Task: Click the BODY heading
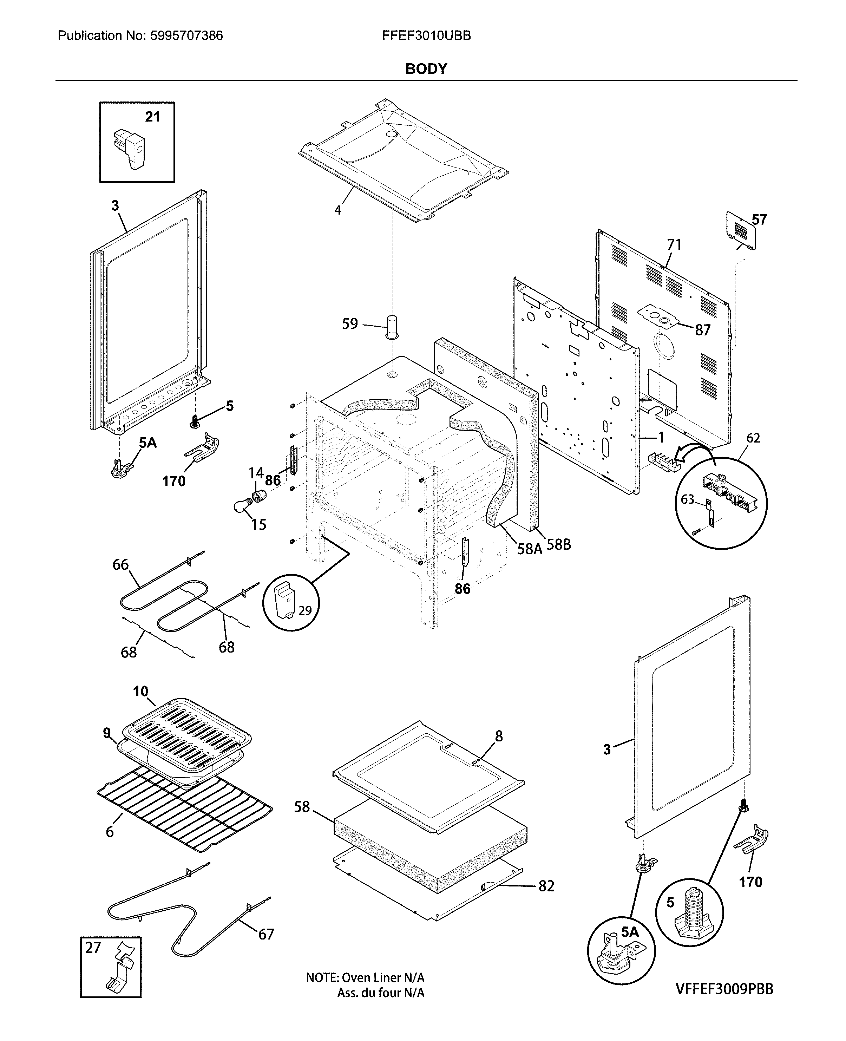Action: click(x=426, y=69)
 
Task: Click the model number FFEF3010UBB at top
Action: click(x=426, y=35)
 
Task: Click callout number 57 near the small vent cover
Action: click(x=759, y=220)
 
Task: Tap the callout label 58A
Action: click(x=529, y=549)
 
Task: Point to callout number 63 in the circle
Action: click(x=687, y=499)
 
